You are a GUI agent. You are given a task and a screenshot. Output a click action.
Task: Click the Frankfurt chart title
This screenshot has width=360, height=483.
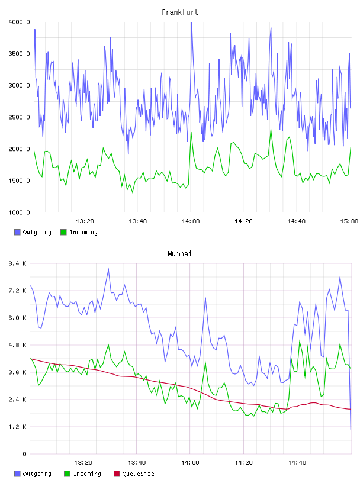click(180, 12)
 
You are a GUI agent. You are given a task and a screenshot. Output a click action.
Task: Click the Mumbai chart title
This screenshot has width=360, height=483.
click(179, 254)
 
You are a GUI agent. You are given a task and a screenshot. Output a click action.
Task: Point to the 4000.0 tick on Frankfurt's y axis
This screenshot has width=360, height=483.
click(19, 22)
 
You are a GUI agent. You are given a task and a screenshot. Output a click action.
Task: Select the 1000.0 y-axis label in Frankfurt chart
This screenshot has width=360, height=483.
click(19, 212)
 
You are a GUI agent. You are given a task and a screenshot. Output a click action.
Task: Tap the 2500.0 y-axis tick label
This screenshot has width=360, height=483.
click(19, 117)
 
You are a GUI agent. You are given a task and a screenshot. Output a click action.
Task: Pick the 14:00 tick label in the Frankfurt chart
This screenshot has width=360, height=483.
click(191, 221)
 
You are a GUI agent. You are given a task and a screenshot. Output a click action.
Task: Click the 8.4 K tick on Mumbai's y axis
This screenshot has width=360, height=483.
click(18, 263)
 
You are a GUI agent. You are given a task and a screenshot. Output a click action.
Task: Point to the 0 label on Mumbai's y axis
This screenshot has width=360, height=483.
click(24, 454)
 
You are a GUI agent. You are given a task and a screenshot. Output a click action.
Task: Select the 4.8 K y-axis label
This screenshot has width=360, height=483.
click(18, 345)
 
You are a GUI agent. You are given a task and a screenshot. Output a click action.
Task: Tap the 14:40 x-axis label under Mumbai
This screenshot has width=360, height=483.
click(297, 463)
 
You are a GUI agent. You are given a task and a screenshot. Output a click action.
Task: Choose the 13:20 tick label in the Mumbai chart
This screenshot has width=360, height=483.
click(83, 463)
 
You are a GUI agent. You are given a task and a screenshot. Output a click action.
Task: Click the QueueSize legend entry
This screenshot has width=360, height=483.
click(134, 474)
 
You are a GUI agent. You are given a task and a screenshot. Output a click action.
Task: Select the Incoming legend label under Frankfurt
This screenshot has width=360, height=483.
click(83, 232)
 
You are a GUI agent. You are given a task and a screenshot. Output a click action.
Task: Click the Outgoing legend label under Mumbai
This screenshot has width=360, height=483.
click(37, 474)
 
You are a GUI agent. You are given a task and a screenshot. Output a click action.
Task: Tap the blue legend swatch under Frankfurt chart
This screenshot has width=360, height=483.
click(17, 232)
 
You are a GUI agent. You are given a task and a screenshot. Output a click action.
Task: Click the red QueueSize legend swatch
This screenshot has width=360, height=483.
click(117, 474)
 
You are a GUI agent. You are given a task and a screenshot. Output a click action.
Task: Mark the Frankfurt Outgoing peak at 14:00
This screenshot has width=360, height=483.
click(192, 22)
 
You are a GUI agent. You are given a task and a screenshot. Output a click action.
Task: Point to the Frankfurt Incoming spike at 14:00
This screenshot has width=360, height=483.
click(191, 133)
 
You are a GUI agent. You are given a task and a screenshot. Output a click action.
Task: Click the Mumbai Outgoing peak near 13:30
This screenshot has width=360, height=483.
click(108, 269)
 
